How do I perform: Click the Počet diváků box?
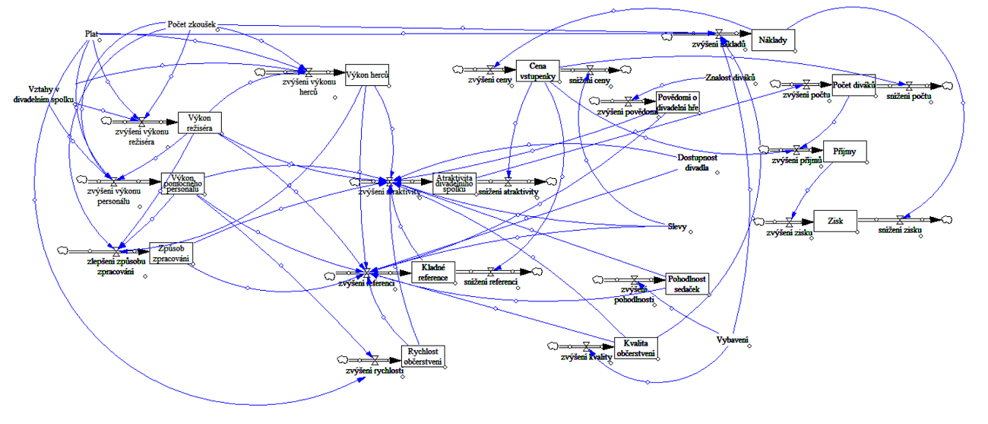tap(854, 86)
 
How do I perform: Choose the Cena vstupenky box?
tap(537, 70)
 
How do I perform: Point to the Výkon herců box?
tap(368, 75)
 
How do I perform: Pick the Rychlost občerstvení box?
tap(423, 355)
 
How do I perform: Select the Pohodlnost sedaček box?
tap(687, 283)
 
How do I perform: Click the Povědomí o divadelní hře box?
tap(678, 102)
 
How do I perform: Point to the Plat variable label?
tap(92, 33)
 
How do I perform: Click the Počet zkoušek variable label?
tap(192, 24)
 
